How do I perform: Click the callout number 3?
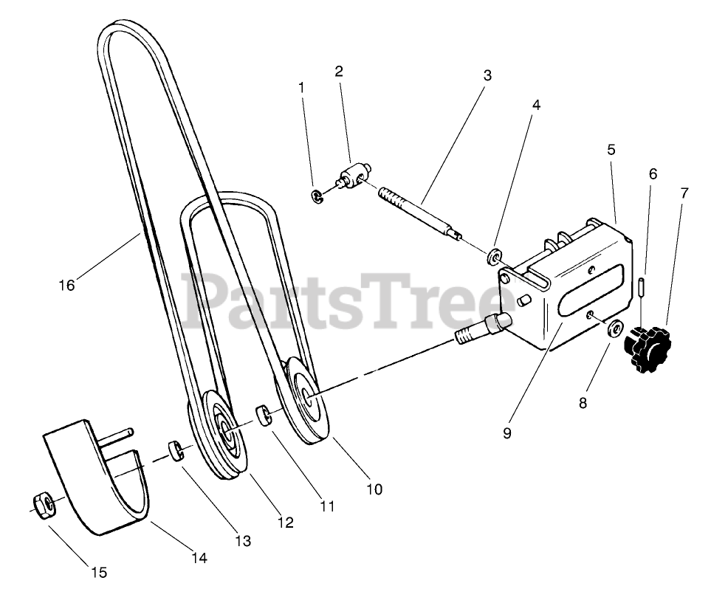(x=488, y=75)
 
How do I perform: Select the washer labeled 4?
(x=493, y=258)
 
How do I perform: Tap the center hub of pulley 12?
(x=223, y=428)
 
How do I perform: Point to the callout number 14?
(x=199, y=559)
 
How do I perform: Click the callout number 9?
(x=506, y=433)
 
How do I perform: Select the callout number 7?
(x=684, y=193)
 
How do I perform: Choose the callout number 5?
(x=611, y=149)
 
